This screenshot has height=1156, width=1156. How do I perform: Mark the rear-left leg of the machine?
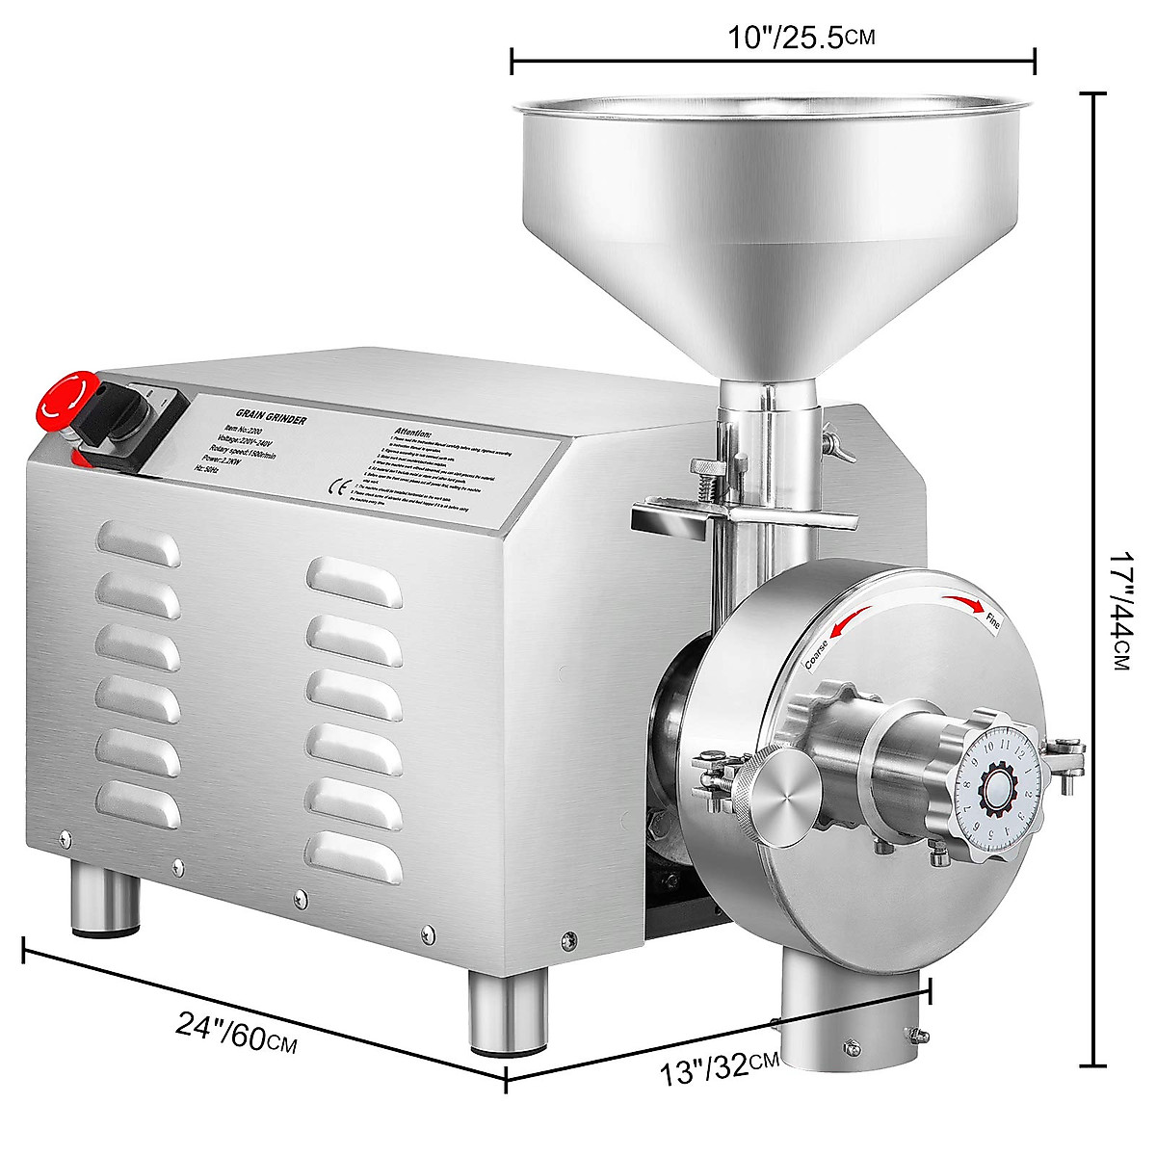tap(99, 901)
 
